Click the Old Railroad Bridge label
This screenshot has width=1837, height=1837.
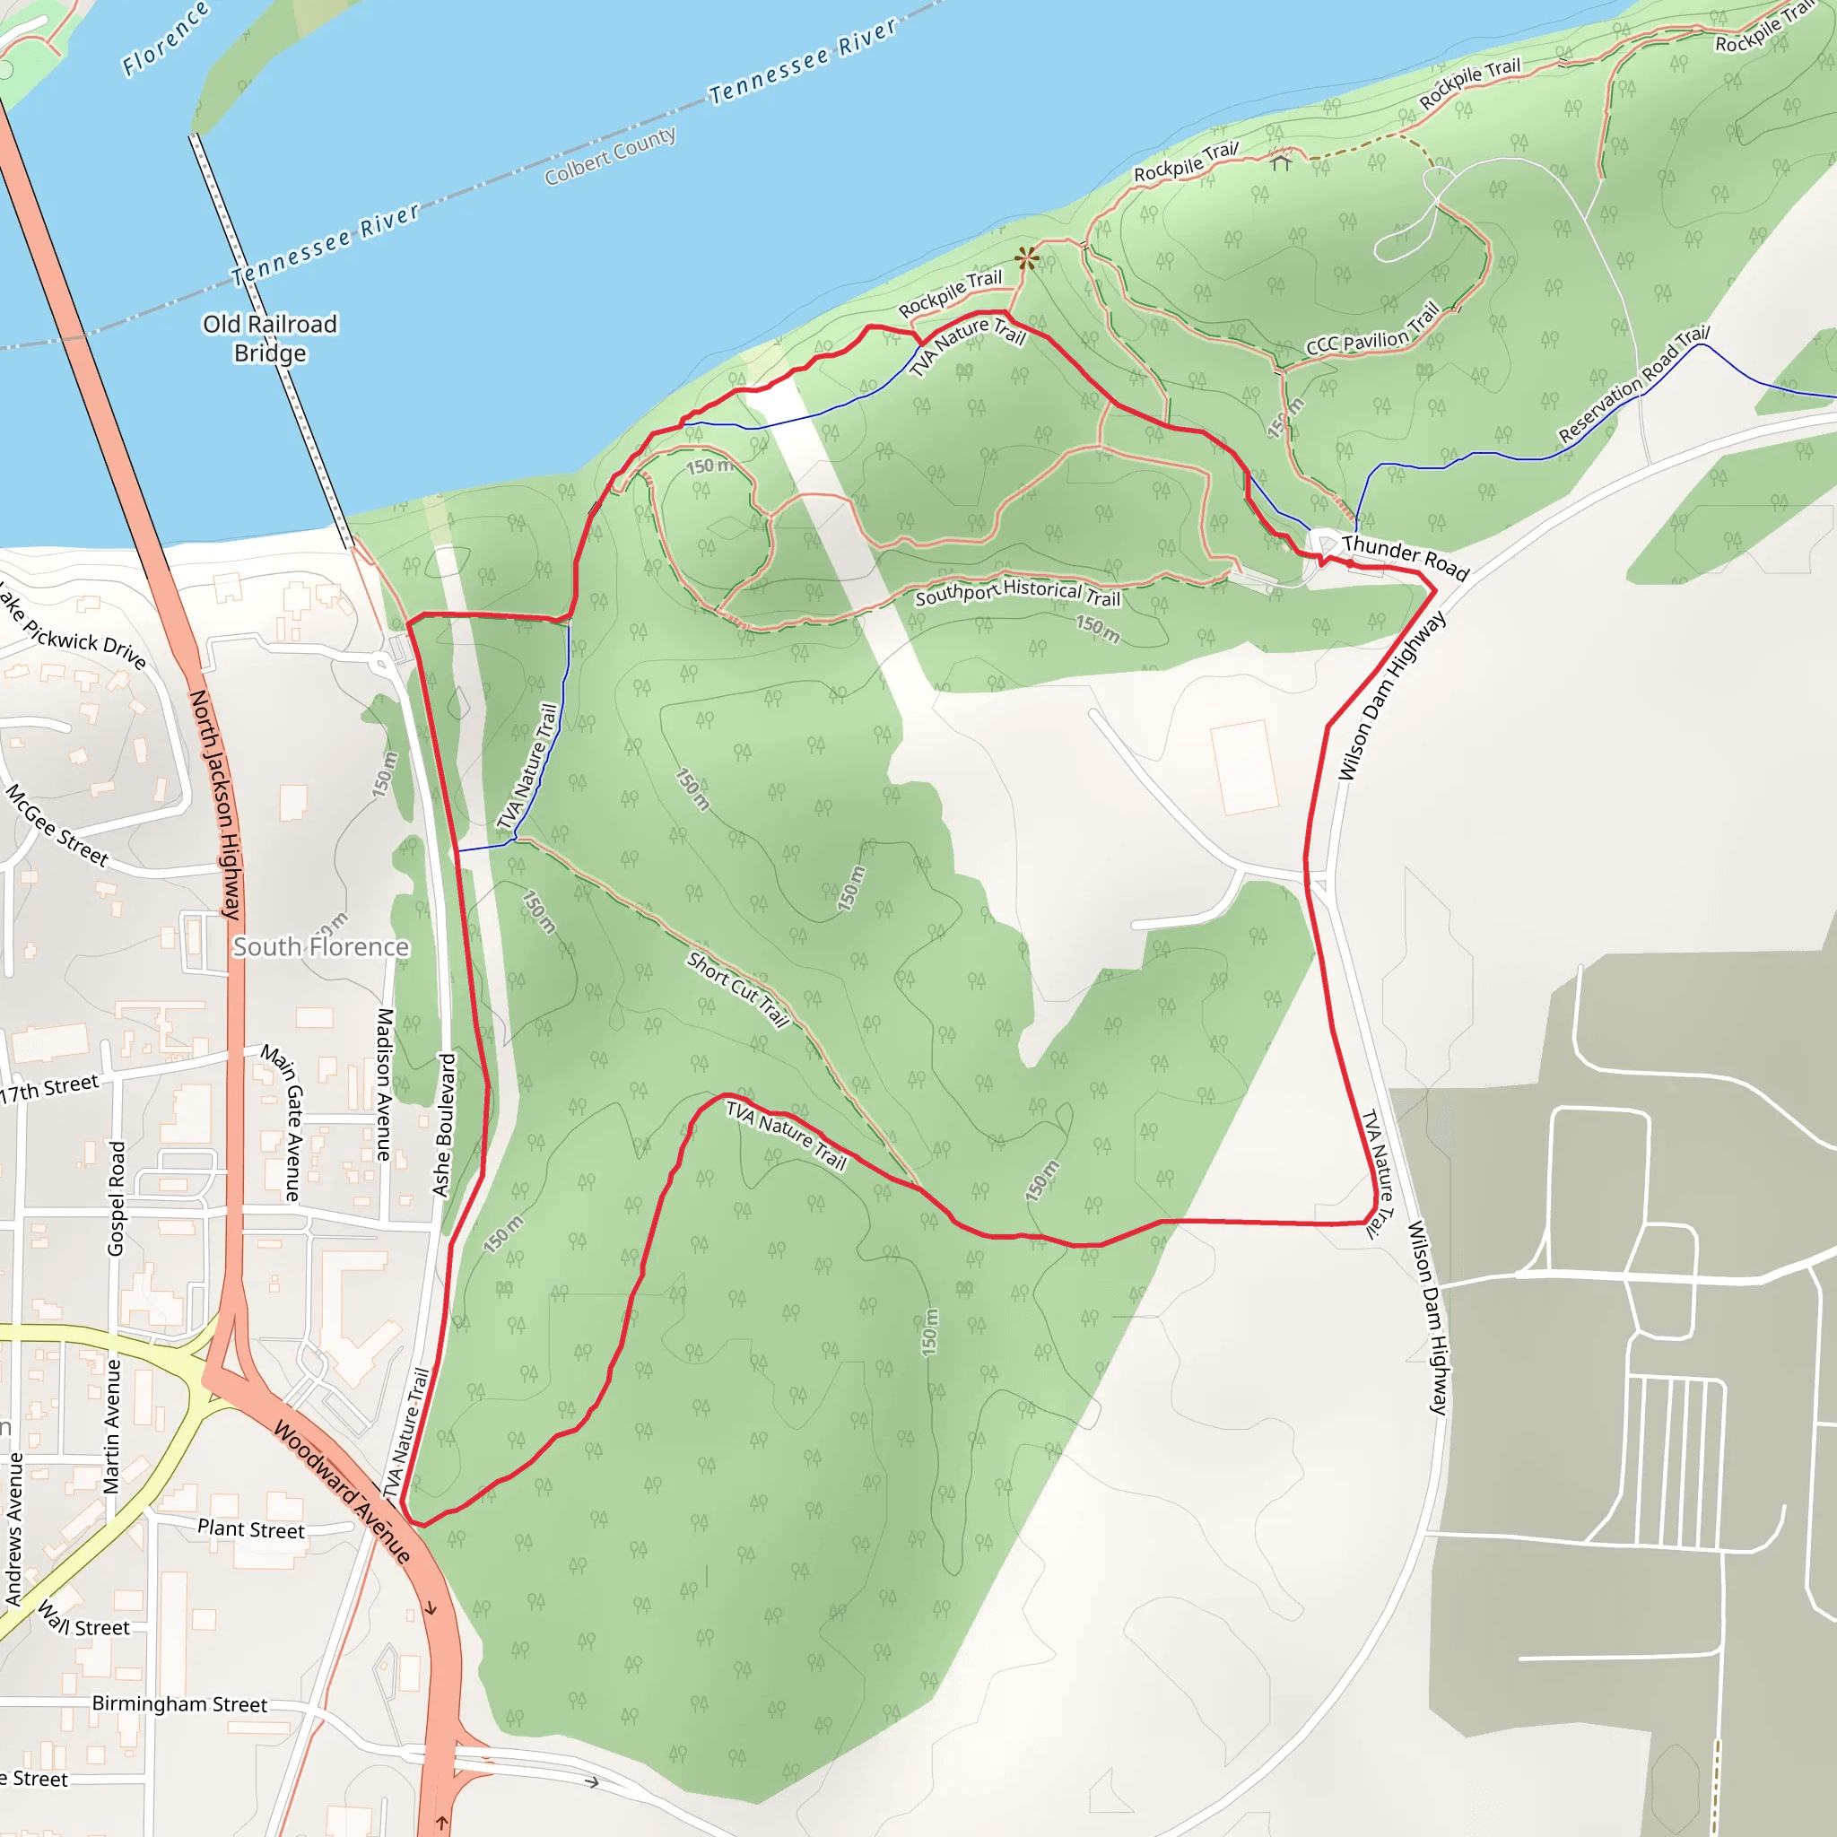click(270, 338)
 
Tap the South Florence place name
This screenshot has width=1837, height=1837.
click(321, 947)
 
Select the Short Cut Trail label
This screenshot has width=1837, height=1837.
click(738, 990)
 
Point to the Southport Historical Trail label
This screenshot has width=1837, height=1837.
click(1017, 592)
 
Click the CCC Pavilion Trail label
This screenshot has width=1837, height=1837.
click(1372, 331)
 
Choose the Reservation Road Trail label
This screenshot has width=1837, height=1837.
click(1633, 384)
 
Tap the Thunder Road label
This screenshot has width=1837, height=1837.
click(1406, 558)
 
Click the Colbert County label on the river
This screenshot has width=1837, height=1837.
click(611, 156)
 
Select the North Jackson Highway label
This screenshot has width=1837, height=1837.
click(217, 805)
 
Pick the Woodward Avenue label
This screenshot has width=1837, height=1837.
click(343, 1492)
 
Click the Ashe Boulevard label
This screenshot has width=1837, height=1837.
click(444, 1124)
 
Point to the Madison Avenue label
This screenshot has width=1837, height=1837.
click(384, 1084)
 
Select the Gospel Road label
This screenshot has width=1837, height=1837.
click(116, 1198)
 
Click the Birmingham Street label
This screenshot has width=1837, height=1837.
click(178, 1704)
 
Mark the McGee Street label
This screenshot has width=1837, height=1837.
click(57, 825)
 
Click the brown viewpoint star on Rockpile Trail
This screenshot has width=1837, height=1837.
click(1026, 257)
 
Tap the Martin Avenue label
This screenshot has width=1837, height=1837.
click(112, 1426)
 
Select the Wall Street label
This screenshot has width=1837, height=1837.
click(83, 1618)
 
